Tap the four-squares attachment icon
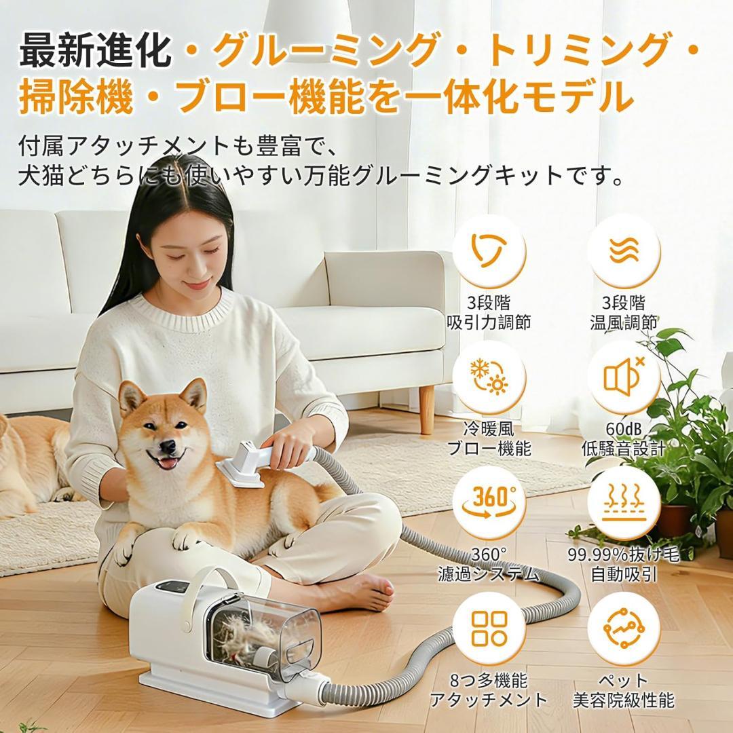[x=489, y=628]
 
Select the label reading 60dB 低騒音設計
[x=623, y=439]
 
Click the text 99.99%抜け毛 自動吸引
[x=623, y=565]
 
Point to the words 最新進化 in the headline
[x=95, y=51]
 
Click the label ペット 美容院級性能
[x=623, y=690]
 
